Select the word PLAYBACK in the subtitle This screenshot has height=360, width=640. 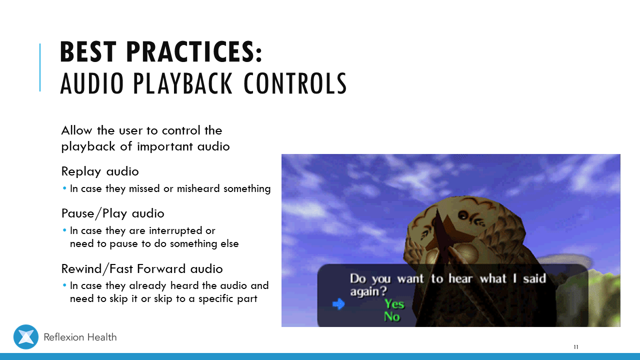point(183,83)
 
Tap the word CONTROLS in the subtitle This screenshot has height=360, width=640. point(295,83)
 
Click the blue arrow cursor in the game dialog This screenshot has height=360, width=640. point(338,304)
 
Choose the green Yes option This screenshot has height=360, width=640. point(394,303)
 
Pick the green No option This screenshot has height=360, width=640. point(391,316)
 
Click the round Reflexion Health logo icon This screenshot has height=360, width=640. point(26,337)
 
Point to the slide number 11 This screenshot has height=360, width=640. point(576,347)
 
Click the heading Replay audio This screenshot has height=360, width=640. point(100,171)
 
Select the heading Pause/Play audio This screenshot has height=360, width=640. point(113,213)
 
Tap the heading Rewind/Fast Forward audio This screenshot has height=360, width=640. point(142,269)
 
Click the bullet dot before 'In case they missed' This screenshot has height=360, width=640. point(64,188)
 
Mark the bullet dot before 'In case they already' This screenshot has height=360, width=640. point(64,285)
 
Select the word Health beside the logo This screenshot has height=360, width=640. point(102,337)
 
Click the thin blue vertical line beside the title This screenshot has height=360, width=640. point(40,67)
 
